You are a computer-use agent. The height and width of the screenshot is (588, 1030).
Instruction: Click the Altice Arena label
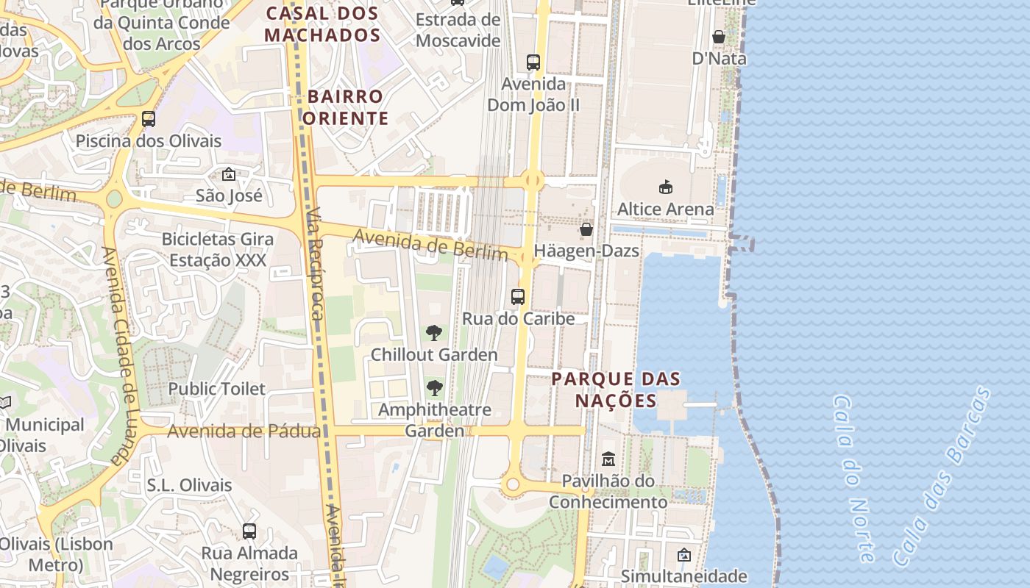[x=665, y=209]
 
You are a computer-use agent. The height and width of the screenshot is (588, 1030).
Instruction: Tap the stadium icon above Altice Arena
[x=666, y=187]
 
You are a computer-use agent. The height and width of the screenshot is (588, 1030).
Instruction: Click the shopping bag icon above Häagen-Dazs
[x=586, y=229]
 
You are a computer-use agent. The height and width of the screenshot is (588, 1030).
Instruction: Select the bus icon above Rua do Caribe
[x=518, y=297]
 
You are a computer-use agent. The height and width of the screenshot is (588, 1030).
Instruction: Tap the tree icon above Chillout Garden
[x=434, y=333]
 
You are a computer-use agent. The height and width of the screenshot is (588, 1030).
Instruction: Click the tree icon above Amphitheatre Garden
[x=435, y=387]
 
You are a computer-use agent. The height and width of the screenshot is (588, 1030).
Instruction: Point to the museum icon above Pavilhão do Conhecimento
[x=608, y=459]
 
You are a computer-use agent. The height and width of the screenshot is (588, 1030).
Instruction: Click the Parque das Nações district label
[x=616, y=390]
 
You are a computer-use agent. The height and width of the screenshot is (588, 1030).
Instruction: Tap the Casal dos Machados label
[x=322, y=24]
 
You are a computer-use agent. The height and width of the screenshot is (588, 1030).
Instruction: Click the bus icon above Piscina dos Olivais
[x=149, y=119]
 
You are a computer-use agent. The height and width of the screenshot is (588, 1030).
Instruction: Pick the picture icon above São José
[x=229, y=174]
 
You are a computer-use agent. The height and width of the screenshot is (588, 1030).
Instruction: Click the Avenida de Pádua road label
[x=244, y=431]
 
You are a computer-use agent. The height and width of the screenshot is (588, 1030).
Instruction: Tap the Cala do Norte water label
[x=854, y=478]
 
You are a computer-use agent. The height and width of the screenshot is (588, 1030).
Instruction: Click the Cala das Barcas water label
[x=942, y=478]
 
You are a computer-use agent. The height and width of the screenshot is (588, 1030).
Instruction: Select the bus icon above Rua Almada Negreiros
[x=249, y=531]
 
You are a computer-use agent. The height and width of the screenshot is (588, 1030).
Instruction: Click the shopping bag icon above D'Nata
[x=719, y=37]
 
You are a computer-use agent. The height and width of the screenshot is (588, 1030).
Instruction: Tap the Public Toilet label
[x=216, y=389]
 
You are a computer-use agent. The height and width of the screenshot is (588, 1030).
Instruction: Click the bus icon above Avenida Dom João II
[x=533, y=62]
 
